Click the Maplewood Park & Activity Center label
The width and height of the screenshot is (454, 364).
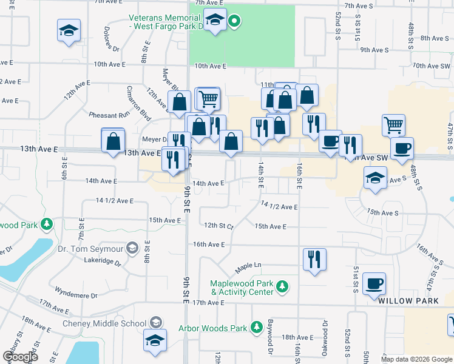(x=241, y=287)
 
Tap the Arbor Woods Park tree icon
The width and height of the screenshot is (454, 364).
(x=257, y=328)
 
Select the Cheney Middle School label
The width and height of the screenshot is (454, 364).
(x=104, y=323)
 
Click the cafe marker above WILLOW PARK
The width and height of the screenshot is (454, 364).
(x=374, y=283)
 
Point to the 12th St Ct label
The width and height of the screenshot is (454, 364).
(x=219, y=225)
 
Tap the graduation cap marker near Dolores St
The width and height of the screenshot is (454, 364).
(x=69, y=30)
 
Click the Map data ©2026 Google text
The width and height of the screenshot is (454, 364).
(x=416, y=359)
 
